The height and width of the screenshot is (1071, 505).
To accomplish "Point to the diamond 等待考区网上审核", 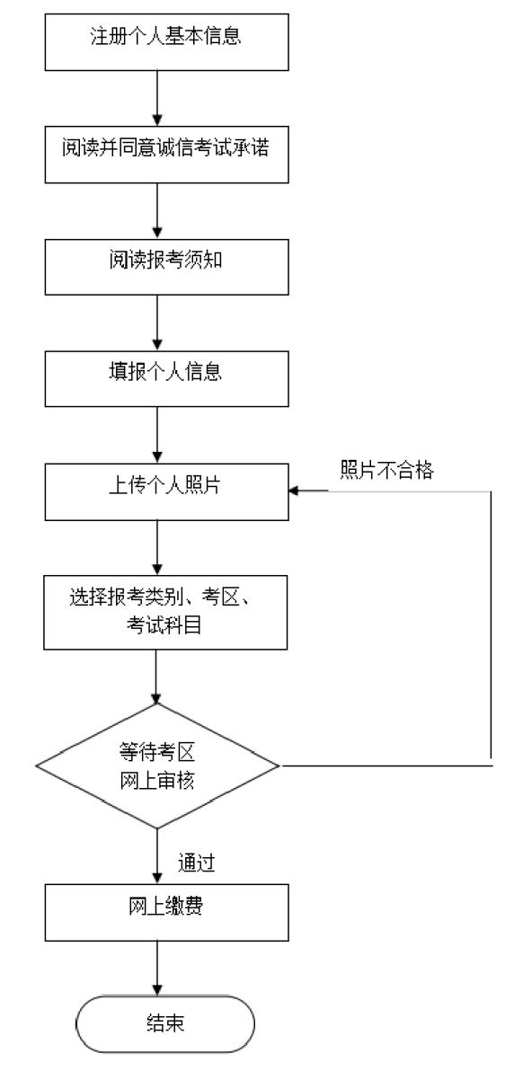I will coord(158,766).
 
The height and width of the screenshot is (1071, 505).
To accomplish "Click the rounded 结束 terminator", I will coord(165,1023).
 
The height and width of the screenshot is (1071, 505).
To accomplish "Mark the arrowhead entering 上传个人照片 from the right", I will coord(294,491).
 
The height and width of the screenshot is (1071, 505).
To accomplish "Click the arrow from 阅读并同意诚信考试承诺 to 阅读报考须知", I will coord(158,208).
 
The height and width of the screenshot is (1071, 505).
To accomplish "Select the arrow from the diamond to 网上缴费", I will coord(158,858).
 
